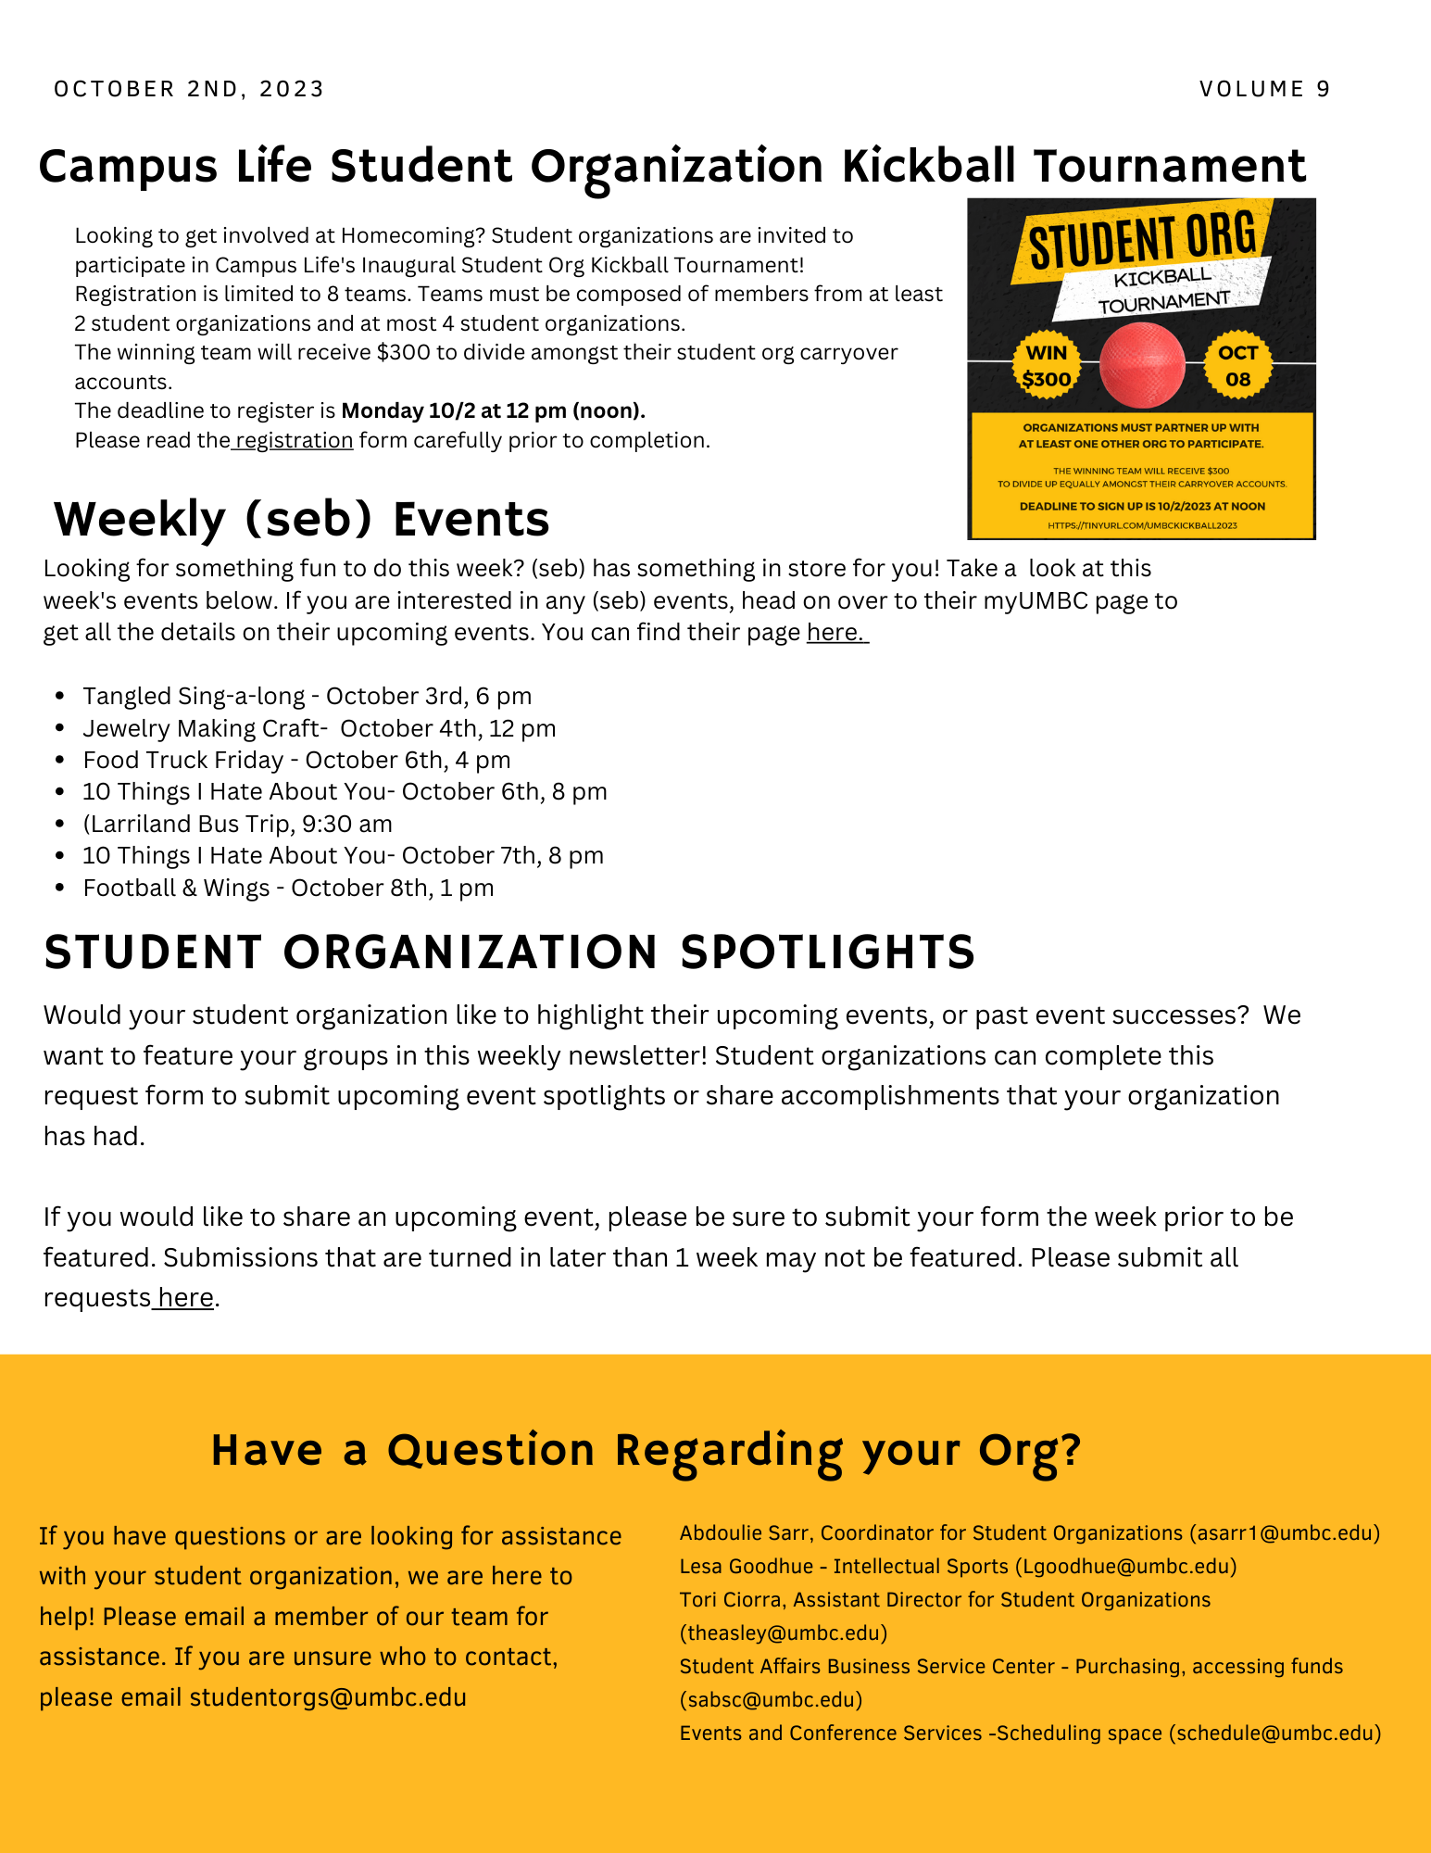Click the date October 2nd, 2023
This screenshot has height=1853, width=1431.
tap(189, 89)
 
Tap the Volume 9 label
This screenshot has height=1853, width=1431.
tap(1264, 89)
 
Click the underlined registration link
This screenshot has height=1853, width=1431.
tap(294, 440)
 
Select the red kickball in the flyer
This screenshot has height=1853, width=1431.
tap(1142, 365)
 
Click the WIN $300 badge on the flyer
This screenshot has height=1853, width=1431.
tap(1047, 366)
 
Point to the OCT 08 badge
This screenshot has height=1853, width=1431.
tap(1237, 366)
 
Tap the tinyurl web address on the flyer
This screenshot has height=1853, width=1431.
tap(1142, 525)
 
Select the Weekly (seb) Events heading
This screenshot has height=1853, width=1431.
tap(301, 519)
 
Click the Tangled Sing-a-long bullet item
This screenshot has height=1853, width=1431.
tap(307, 696)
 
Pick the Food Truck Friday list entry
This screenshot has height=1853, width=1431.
tap(296, 760)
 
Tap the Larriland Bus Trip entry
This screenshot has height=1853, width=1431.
tap(237, 824)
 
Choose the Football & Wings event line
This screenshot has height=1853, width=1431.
tap(288, 888)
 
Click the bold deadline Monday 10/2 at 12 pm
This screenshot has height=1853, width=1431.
tap(493, 410)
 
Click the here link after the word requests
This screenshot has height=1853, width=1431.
tap(185, 1297)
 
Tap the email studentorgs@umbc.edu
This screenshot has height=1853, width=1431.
tap(328, 1697)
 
